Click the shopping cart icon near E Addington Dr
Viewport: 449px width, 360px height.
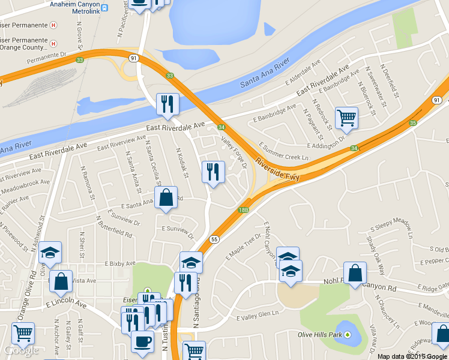pyautogui.click(x=346, y=118)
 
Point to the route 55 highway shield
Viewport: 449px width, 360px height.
pyautogui.click(x=214, y=239)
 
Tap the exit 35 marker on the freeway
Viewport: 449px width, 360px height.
pyautogui.click(x=412, y=122)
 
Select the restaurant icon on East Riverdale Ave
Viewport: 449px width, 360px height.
pyautogui.click(x=167, y=104)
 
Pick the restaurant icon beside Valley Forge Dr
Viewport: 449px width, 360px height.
pyautogui.click(x=212, y=173)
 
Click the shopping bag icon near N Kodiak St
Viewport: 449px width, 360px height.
pyautogui.click(x=166, y=197)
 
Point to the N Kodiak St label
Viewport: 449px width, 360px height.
pyautogui.click(x=182, y=163)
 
